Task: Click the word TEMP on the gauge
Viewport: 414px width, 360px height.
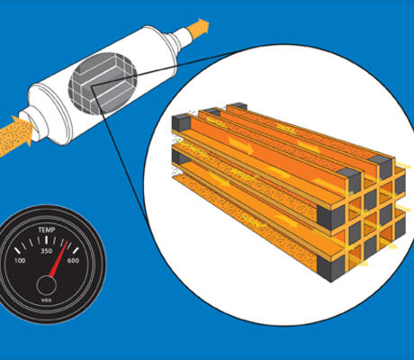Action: (x=47, y=230)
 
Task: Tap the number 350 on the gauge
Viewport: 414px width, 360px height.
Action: (x=47, y=251)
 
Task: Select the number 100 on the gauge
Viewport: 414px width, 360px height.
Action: (x=20, y=260)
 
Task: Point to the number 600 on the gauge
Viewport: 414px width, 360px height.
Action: (x=73, y=260)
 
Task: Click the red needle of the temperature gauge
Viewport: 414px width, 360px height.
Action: (x=58, y=258)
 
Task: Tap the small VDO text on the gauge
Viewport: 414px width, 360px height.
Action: (x=46, y=301)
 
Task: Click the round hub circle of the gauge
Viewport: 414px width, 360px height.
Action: (x=47, y=286)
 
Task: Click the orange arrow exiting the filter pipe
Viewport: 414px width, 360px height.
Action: (x=198, y=29)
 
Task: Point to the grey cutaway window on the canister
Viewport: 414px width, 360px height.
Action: (x=103, y=84)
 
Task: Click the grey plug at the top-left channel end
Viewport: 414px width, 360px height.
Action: (x=181, y=123)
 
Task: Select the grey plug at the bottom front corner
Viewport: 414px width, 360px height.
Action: (x=331, y=268)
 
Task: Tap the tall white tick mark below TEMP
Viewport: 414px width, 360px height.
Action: (x=47, y=240)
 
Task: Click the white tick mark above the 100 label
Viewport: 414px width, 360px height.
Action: (x=17, y=250)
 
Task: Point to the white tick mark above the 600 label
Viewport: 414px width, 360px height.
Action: (x=76, y=250)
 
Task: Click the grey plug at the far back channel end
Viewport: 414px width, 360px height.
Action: (x=239, y=106)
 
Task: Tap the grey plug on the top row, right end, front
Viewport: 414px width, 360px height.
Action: (x=349, y=180)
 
